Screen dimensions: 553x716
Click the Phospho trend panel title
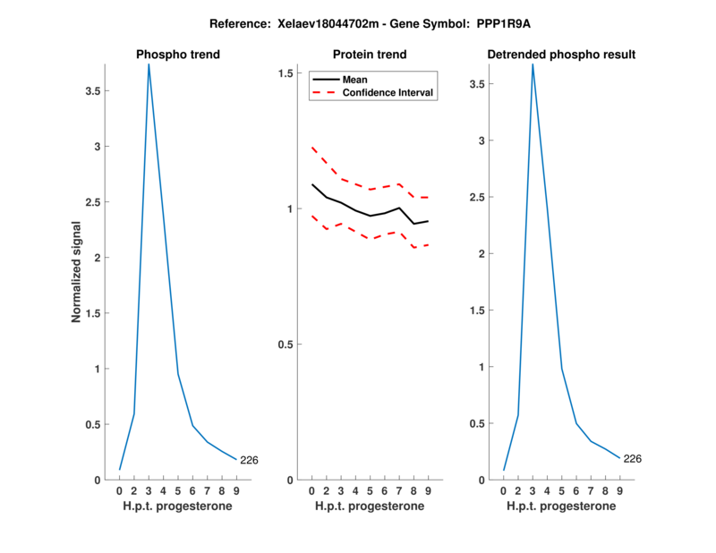(177, 55)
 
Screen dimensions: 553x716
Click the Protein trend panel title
(369, 55)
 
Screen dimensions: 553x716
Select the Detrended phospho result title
(561, 55)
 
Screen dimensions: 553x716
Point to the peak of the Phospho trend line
(149, 64)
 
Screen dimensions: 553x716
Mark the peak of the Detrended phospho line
(533, 64)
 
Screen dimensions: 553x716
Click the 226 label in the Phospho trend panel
(249, 460)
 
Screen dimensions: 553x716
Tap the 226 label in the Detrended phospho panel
(632, 459)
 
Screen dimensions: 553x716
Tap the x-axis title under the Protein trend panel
(369, 506)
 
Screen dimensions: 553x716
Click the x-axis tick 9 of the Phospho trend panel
(235, 490)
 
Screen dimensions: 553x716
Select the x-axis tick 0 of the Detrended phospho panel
(504, 490)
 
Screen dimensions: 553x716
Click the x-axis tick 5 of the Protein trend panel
(369, 490)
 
